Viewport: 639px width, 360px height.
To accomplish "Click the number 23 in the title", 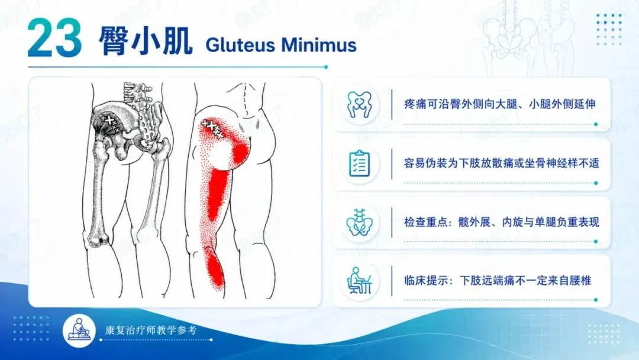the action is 54,38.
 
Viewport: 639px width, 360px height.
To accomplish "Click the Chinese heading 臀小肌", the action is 145,41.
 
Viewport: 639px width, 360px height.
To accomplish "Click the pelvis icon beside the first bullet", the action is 359,105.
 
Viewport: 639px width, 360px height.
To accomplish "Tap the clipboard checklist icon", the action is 360,163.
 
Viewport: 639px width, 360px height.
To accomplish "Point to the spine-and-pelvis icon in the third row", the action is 359,223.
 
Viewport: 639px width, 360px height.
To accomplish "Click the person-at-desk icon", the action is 359,281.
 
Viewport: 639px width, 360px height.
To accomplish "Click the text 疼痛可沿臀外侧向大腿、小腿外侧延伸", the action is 499,104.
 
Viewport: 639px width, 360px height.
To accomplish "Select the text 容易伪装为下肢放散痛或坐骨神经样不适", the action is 501,163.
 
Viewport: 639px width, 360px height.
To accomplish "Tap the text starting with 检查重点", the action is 501,222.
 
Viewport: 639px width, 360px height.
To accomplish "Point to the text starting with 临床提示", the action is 498,281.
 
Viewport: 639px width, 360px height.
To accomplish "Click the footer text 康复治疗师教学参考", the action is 151,330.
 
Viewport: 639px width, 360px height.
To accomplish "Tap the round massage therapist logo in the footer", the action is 79,330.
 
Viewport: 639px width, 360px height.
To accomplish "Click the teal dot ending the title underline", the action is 325,67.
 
